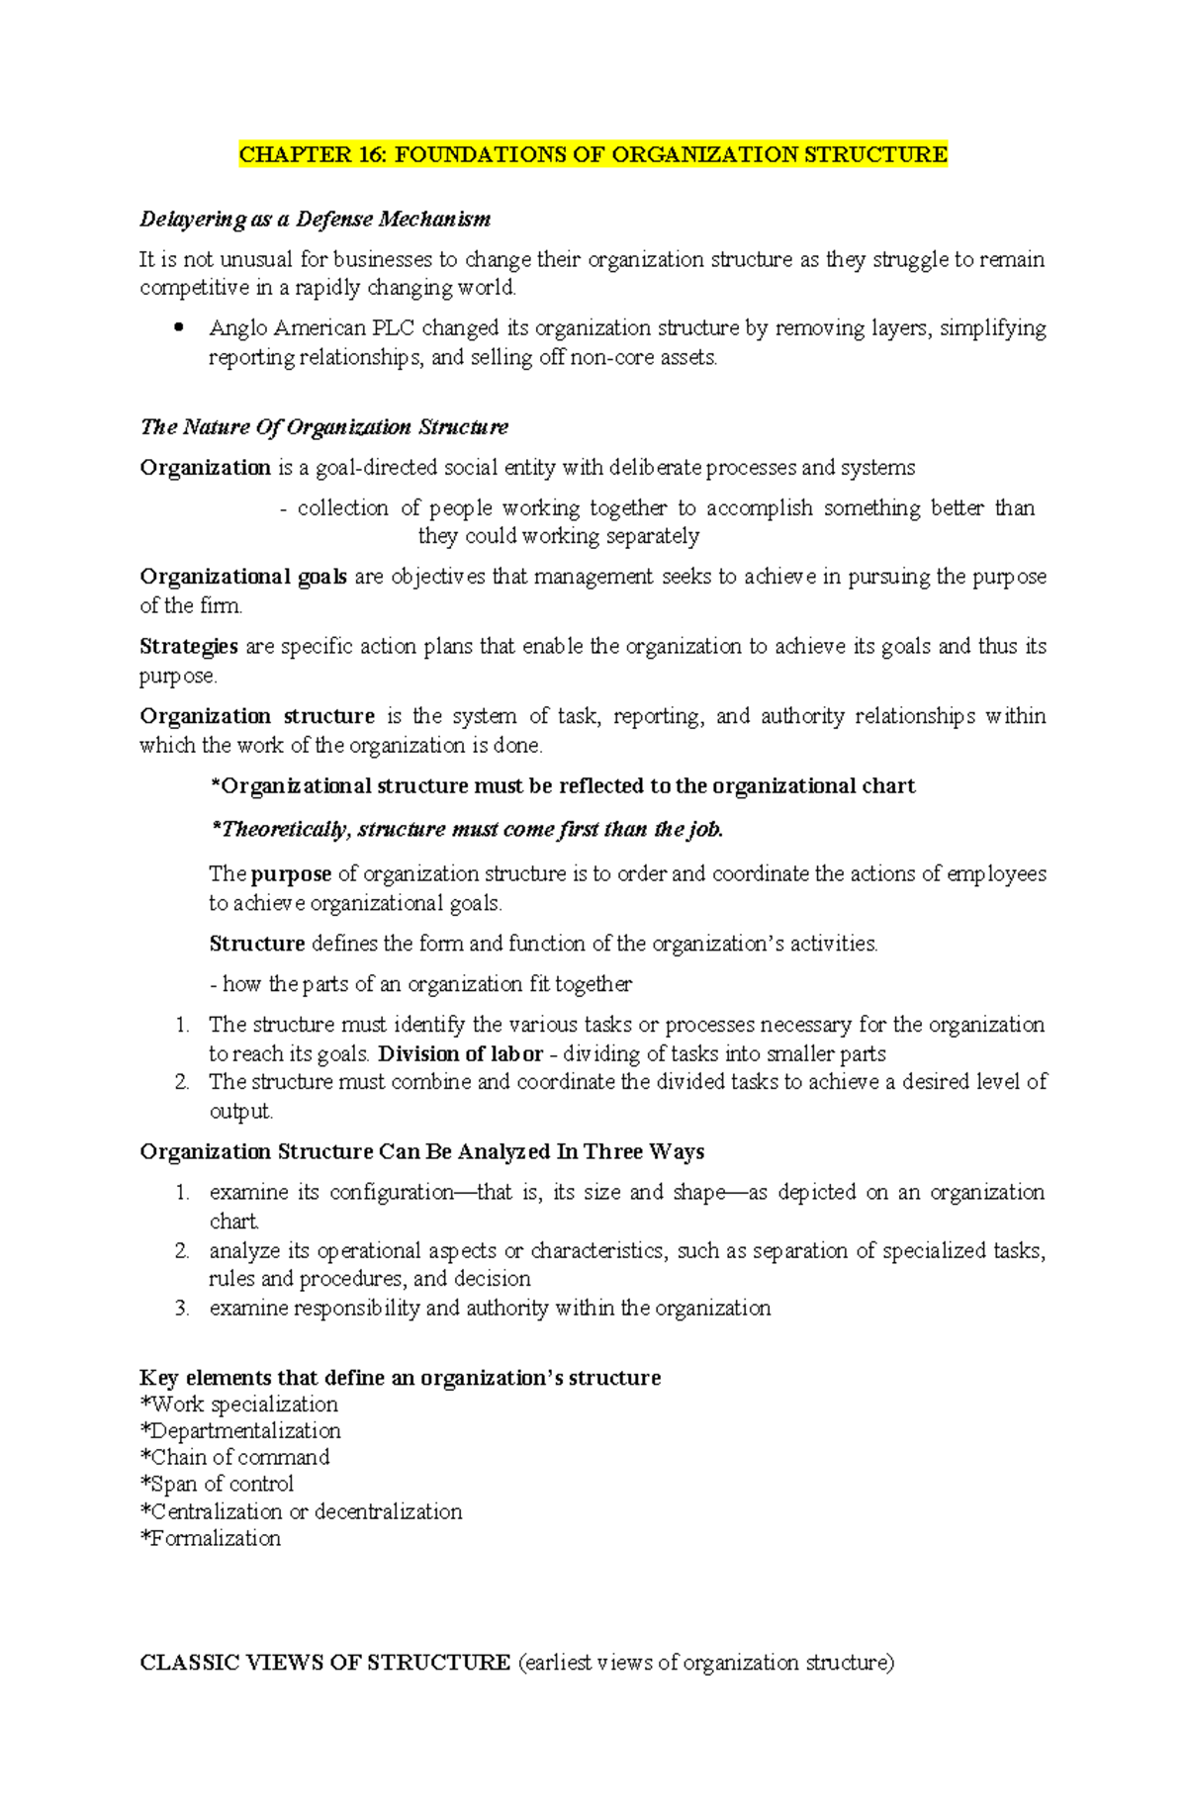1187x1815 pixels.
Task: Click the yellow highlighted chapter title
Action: coord(593,154)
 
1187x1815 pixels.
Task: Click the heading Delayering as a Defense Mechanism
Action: coord(315,219)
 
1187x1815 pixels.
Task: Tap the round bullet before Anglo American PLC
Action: coord(179,328)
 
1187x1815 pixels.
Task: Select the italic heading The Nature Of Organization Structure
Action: coord(323,427)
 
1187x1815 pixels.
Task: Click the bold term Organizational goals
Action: coord(242,577)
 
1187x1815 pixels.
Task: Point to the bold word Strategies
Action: coord(188,647)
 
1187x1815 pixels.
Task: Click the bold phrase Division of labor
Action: coord(460,1054)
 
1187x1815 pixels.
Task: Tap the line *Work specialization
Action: coord(238,1405)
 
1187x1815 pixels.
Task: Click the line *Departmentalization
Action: coord(240,1431)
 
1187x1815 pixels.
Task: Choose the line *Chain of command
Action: coord(234,1458)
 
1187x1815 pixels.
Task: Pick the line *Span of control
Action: coord(217,1485)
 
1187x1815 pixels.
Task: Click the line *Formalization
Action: coord(210,1539)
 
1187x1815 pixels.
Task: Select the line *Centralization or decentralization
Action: coord(301,1512)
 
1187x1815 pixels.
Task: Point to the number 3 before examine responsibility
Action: coord(181,1309)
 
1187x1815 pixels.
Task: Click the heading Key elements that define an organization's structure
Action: coord(400,1378)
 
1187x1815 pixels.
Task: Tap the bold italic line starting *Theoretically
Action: coord(467,830)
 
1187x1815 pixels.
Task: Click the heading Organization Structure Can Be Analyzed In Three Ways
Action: coord(421,1152)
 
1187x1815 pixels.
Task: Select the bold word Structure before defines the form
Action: coord(256,944)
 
